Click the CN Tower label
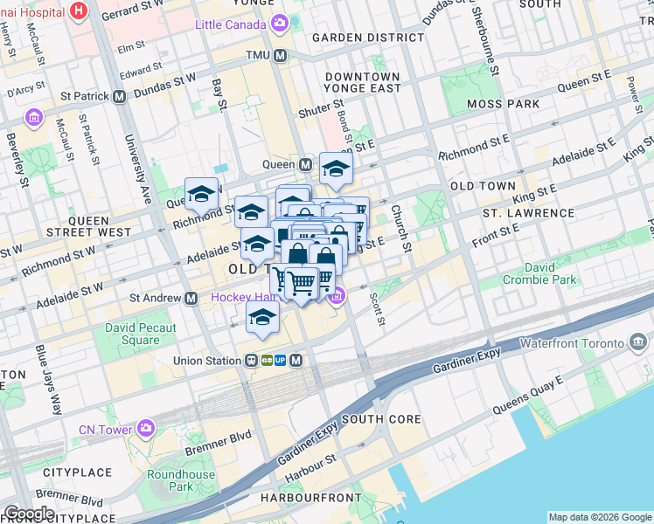105,429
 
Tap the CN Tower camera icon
145,428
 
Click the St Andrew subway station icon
190,298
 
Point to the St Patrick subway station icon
116,96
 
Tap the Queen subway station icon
306,164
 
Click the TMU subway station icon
281,56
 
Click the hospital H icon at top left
80,10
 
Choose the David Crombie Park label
539,273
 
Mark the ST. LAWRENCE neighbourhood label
525,212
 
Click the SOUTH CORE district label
381,419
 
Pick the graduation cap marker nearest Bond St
335,169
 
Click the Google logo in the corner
29,514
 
